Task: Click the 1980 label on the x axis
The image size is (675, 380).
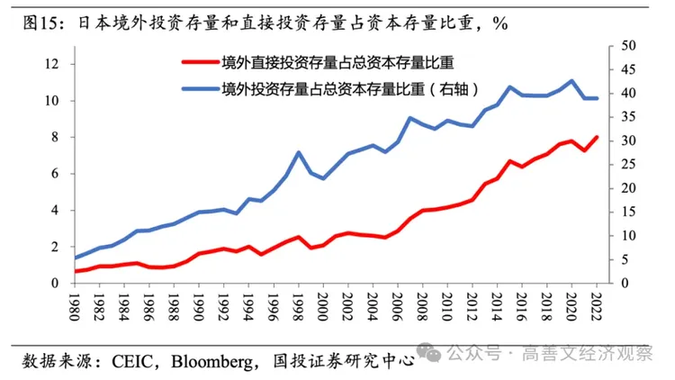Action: (x=75, y=307)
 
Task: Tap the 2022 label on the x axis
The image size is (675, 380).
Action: (x=597, y=307)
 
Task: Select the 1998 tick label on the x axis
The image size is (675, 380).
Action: (x=298, y=307)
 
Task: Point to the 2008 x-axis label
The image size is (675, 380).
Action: (x=423, y=307)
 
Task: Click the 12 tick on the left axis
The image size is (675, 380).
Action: (x=51, y=64)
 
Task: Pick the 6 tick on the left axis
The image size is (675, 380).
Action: (x=55, y=174)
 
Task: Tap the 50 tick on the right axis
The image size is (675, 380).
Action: (x=628, y=46)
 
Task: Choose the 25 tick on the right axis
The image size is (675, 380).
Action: (x=628, y=165)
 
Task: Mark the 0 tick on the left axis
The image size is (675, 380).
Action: (x=55, y=283)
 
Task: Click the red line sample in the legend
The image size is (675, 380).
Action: (x=201, y=62)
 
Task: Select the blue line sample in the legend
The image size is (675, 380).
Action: (x=201, y=89)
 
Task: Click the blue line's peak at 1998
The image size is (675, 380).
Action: (x=298, y=152)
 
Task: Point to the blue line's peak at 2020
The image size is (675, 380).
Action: (x=571, y=80)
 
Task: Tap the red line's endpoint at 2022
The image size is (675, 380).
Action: (x=597, y=137)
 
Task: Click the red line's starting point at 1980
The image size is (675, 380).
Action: (x=76, y=271)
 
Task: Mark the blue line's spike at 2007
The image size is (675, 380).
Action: (x=410, y=118)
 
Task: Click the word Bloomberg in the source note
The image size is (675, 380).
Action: (x=212, y=362)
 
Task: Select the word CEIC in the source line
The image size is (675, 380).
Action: (x=132, y=361)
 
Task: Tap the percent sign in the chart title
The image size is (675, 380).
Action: (x=500, y=23)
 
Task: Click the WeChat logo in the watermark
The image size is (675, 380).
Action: (x=429, y=352)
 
